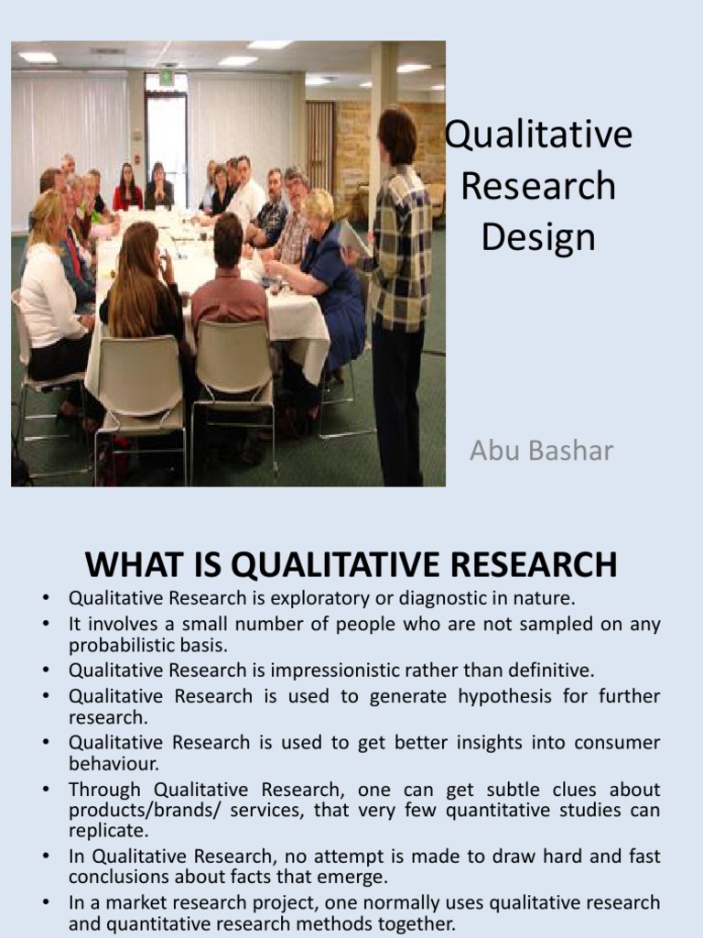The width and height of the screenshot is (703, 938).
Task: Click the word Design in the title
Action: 538,238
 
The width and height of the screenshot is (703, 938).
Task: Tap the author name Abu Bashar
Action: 541,451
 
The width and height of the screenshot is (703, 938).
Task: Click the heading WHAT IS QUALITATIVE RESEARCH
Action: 351,564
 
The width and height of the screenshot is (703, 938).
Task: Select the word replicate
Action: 108,832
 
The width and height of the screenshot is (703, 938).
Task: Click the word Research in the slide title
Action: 538,187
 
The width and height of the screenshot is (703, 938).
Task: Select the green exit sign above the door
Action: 166,78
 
